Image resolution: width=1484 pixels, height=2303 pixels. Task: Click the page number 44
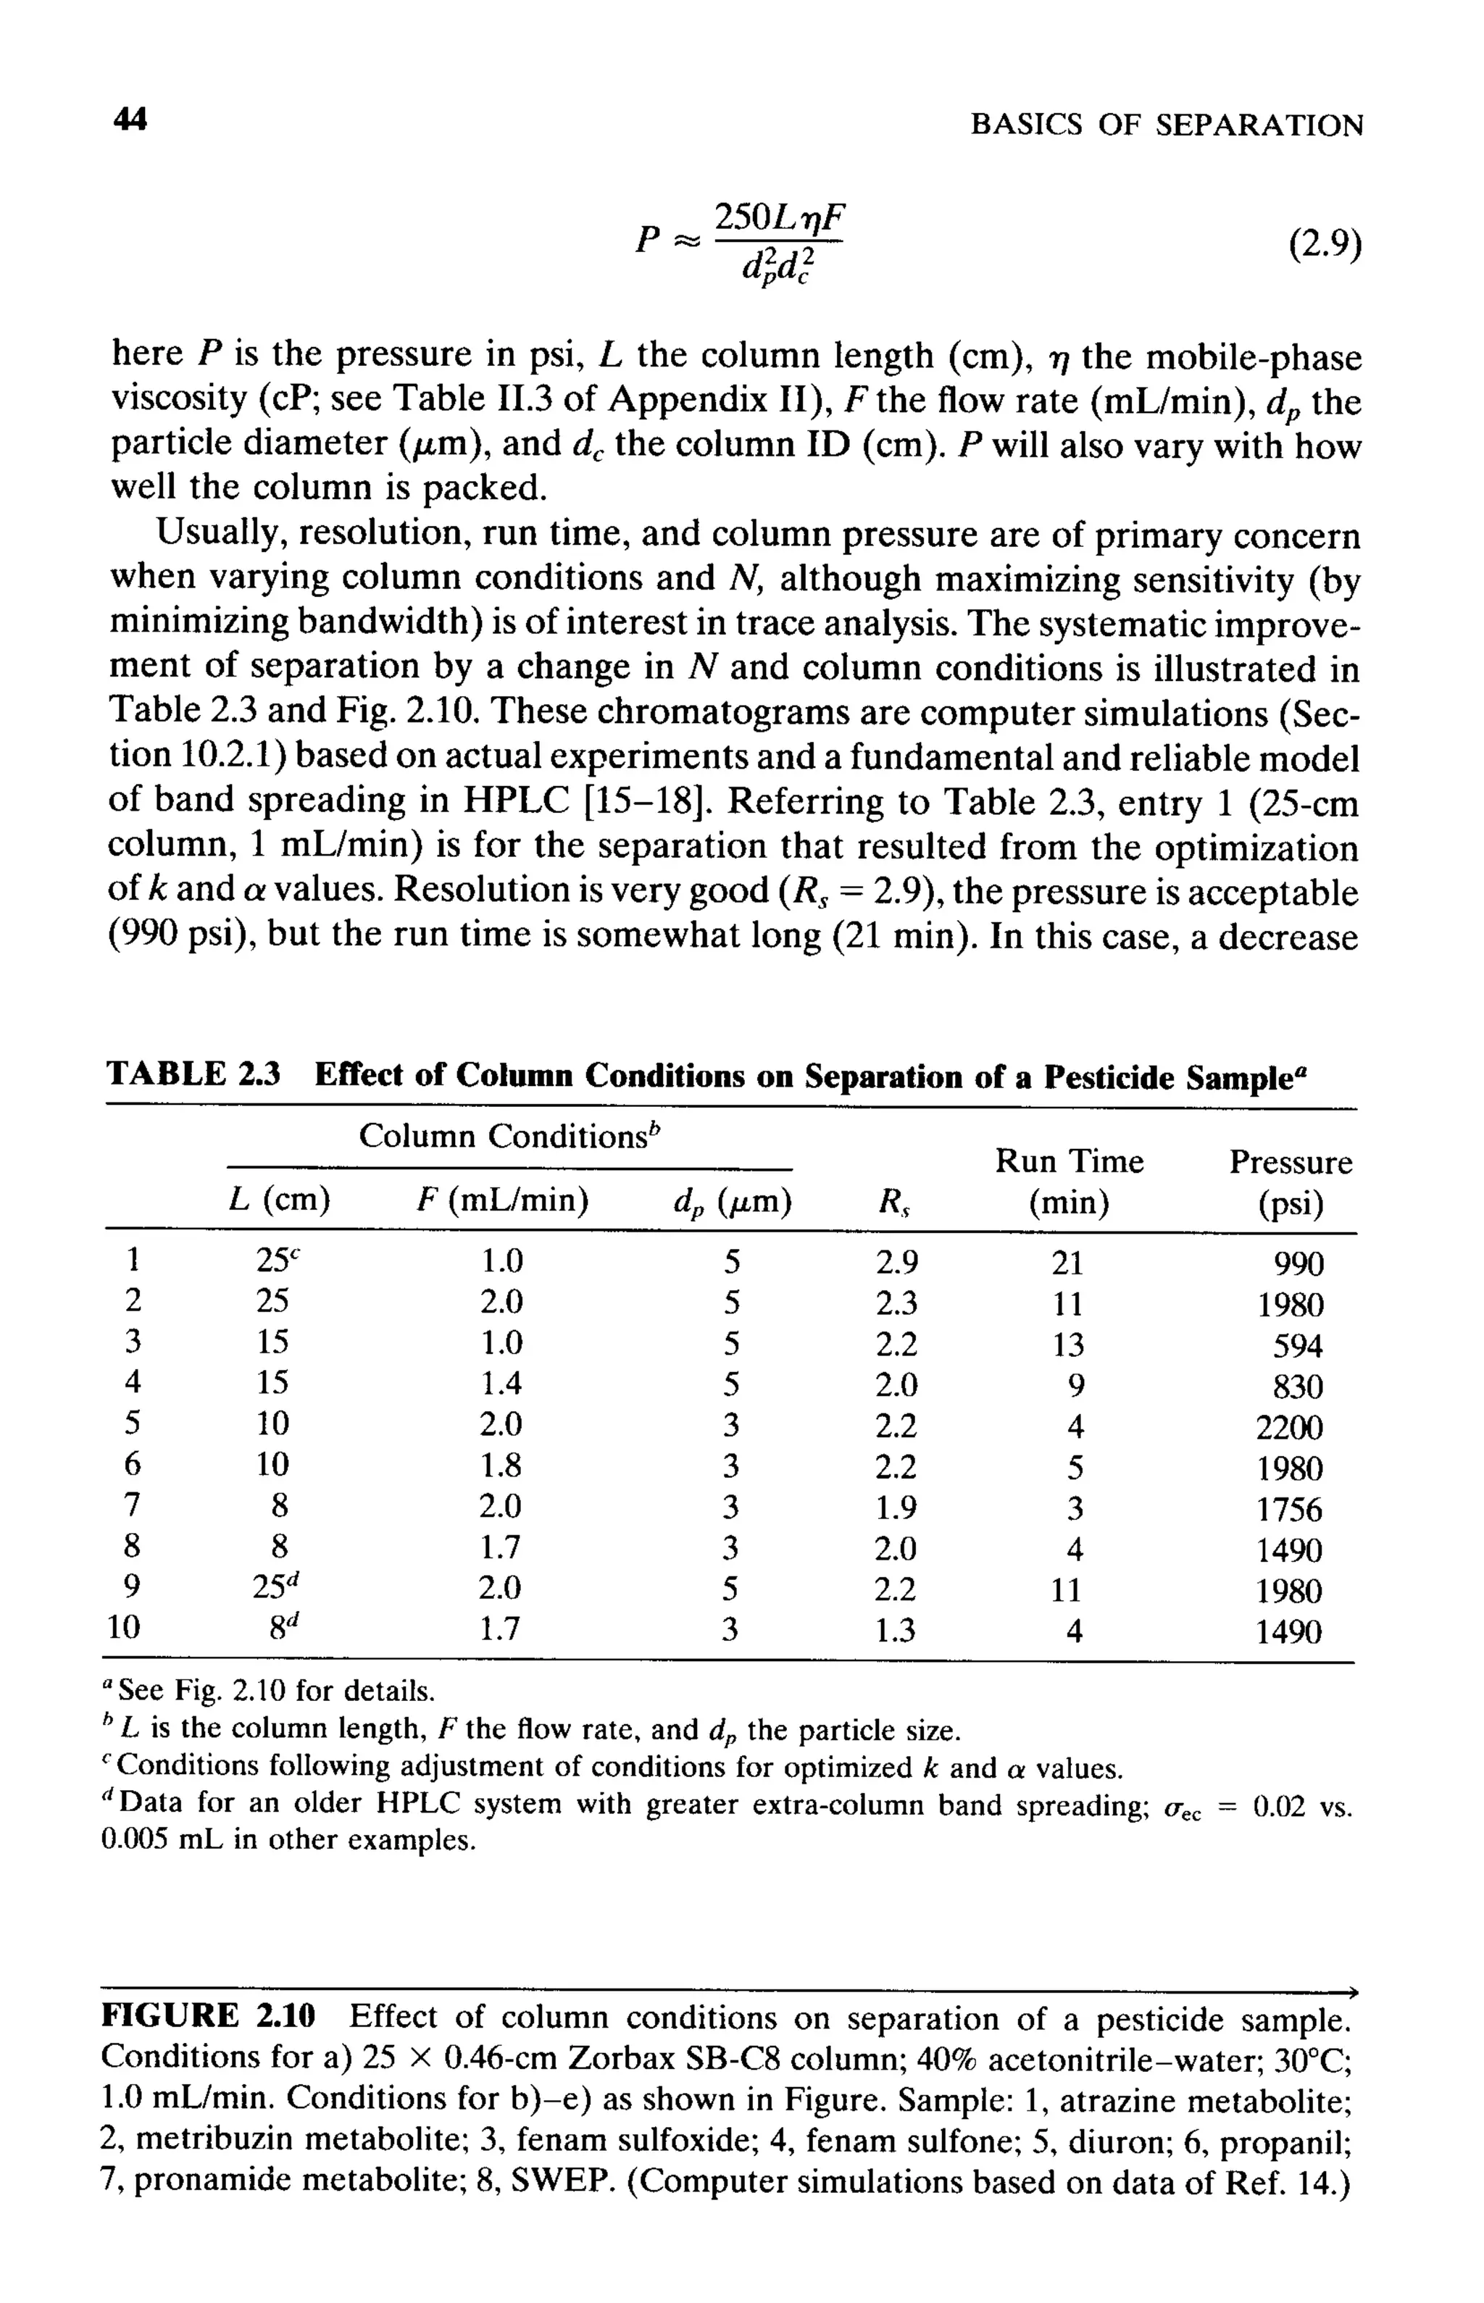pos(130,120)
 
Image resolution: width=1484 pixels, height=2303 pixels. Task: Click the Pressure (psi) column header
pos(1291,1183)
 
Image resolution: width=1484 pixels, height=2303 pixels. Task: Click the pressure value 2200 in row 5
pos(1289,1427)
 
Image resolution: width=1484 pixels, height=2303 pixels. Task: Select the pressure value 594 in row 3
pos(1297,1345)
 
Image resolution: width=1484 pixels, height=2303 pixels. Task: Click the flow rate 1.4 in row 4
pos(501,1384)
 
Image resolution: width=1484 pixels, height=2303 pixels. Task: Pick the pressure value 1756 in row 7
pos(1289,1509)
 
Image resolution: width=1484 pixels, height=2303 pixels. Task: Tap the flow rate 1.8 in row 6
pos(501,1466)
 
